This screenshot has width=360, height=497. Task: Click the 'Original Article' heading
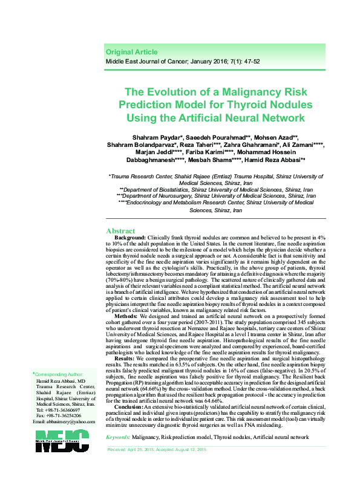click(x=131, y=52)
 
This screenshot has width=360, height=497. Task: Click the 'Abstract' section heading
click(x=120, y=231)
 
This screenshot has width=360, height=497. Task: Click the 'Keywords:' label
click(x=118, y=437)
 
